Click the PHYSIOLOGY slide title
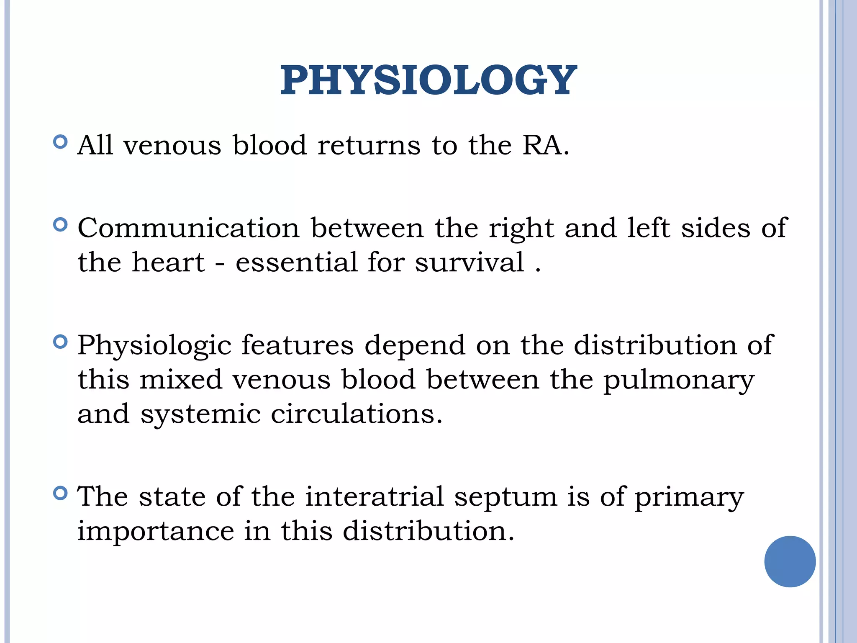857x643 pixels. click(x=428, y=80)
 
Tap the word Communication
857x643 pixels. click(x=189, y=228)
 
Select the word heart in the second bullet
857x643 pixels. click(x=168, y=262)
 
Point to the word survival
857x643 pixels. click(x=470, y=262)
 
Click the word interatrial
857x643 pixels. click(x=375, y=497)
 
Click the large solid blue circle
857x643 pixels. click(x=790, y=561)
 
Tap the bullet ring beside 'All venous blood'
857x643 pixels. click(x=61, y=142)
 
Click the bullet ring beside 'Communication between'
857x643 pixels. click(x=61, y=225)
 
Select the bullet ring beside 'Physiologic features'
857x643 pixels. click(x=61, y=342)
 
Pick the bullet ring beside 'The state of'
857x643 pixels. click(x=61, y=494)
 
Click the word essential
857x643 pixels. click(x=296, y=262)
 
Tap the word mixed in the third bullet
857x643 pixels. click(x=180, y=380)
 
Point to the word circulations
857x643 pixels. click(x=356, y=414)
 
